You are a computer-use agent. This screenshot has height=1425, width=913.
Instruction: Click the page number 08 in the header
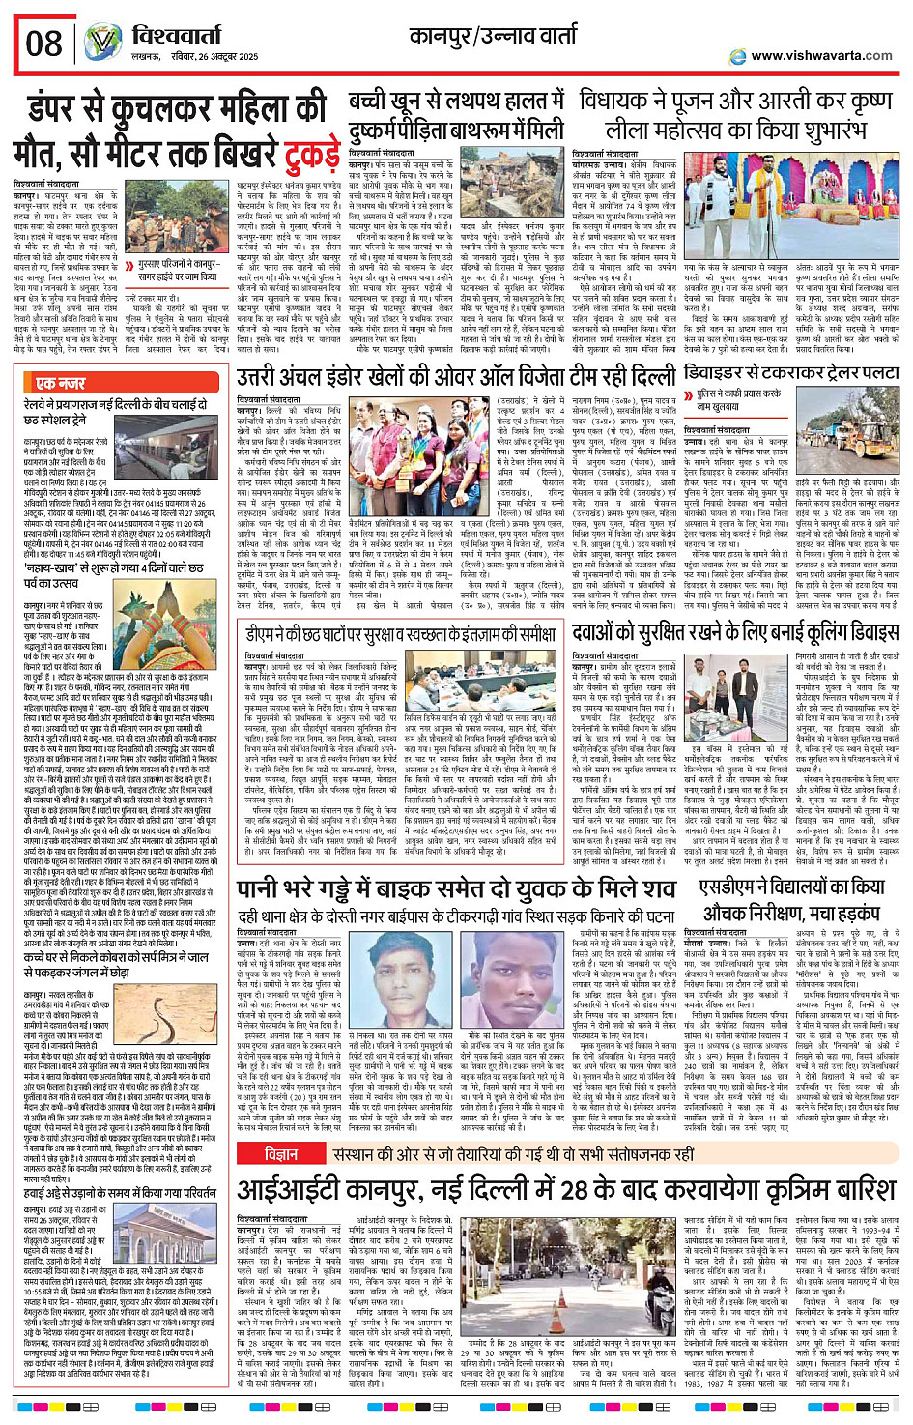click(44, 44)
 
